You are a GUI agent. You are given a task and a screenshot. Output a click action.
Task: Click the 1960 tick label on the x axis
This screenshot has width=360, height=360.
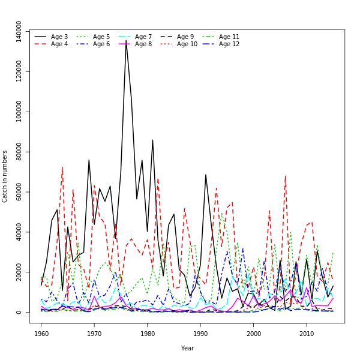[x=41, y=333]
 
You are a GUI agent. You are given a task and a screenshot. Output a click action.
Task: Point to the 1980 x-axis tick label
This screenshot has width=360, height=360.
[x=148, y=333]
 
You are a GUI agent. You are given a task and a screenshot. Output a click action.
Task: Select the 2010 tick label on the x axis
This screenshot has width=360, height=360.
[x=307, y=333]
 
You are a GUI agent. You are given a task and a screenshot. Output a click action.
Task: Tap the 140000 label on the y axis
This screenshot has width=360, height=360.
[x=19, y=32]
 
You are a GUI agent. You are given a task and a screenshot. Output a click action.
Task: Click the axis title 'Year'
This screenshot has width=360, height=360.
[x=187, y=348]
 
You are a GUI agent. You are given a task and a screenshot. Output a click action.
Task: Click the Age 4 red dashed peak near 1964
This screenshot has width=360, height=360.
[x=62, y=167]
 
